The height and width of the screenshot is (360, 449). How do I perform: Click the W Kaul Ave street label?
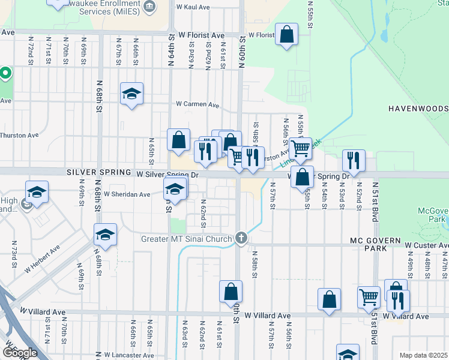click(193, 7)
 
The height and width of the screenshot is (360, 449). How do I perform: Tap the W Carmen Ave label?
click(197, 104)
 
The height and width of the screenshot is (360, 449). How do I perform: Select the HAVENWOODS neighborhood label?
click(418, 109)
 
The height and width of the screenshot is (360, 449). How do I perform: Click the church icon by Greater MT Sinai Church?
click(241, 239)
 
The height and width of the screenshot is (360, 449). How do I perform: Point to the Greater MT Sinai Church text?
click(187, 239)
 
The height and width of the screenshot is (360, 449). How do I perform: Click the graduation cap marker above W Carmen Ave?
click(131, 94)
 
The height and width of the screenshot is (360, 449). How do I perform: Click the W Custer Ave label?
click(426, 245)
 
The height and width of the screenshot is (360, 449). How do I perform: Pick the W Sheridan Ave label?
click(127, 194)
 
